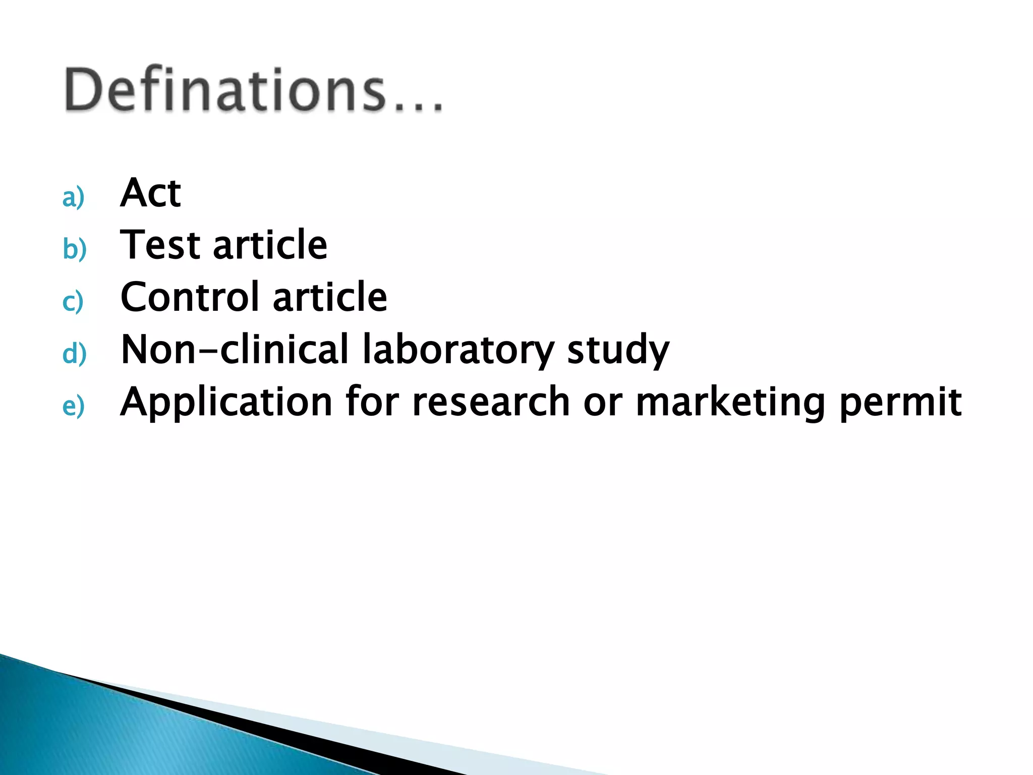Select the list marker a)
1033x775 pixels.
(73, 197)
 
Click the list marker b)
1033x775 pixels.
(75, 249)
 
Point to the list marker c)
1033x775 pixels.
(73, 302)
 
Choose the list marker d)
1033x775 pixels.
(75, 353)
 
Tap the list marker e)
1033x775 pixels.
(73, 406)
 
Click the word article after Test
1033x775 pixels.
(270, 245)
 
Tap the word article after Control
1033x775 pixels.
(330, 297)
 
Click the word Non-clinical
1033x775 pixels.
(235, 349)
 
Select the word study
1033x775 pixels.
(618, 350)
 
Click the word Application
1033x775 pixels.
(226, 403)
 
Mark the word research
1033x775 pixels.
(491, 402)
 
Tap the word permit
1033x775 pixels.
(900, 403)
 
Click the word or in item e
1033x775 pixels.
(602, 403)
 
